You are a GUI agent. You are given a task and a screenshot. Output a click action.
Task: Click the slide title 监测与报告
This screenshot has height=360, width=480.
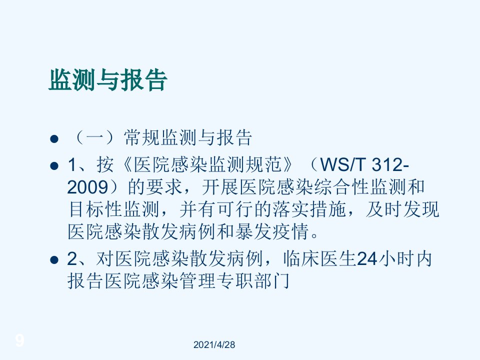pos(108,80)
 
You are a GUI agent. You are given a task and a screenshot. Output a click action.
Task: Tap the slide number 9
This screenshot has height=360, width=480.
pos(19,340)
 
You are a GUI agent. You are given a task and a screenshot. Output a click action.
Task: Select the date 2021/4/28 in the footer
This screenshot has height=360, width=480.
pos(214,344)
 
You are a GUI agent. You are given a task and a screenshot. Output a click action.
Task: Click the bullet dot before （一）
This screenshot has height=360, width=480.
pos(54,138)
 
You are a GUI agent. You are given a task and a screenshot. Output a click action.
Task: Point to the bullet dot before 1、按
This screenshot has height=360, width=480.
pos(54,166)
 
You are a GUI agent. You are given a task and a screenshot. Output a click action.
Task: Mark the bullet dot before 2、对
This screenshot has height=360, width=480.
pos(54,260)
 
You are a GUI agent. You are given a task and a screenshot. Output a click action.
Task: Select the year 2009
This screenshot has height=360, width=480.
pos(87,187)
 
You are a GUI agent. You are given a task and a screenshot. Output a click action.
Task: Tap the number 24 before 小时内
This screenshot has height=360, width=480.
pos(367,259)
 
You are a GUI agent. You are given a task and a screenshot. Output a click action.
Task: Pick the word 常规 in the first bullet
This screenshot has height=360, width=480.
pos(142,137)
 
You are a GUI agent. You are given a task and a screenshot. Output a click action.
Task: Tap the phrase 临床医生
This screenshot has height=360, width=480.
pos(319,259)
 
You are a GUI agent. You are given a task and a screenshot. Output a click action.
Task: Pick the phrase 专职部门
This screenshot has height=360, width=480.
pos(253,280)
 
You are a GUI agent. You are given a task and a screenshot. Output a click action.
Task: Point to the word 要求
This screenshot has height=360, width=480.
pos(164,187)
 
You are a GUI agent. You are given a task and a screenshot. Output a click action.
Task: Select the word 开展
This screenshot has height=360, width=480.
pos(220,187)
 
